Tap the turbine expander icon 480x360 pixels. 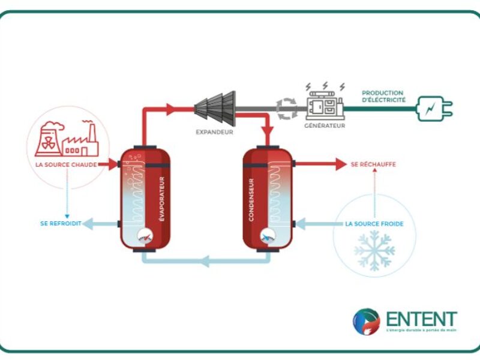[x=215, y=108]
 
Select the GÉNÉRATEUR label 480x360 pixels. [x=325, y=126]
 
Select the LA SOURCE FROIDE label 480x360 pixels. [x=374, y=224]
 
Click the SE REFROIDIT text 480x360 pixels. [x=61, y=224]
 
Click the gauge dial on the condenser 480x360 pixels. [x=266, y=236]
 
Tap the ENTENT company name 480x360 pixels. [x=421, y=319]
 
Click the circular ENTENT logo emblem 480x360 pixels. [x=366, y=322]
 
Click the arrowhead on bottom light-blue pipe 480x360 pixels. [x=205, y=261]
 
